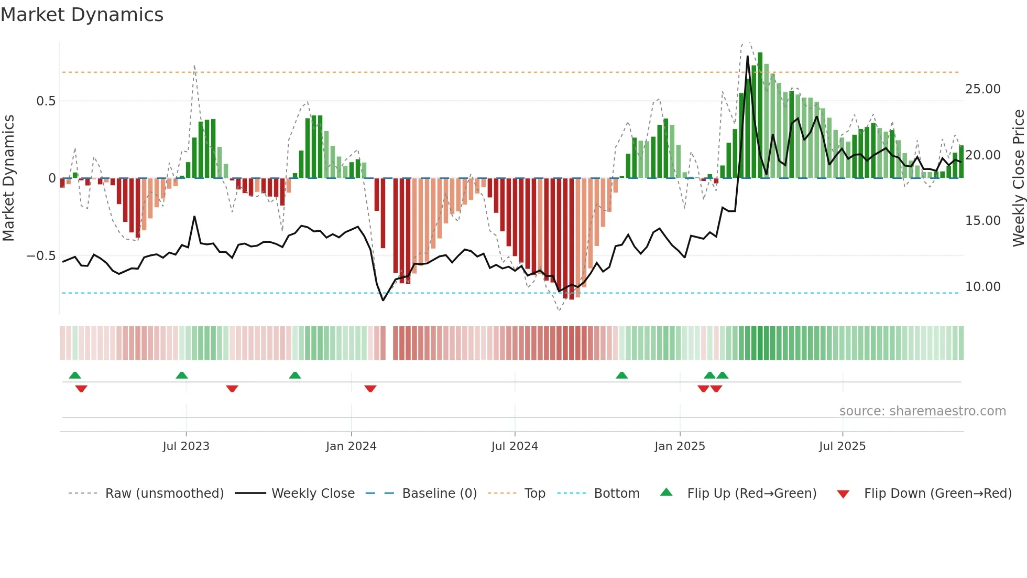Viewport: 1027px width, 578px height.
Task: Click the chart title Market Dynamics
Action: point(82,15)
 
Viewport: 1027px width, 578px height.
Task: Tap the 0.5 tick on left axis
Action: point(46,101)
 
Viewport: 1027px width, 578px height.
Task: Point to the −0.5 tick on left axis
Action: point(41,256)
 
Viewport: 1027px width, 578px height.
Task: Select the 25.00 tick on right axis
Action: point(982,89)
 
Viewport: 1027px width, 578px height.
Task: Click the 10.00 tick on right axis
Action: point(982,287)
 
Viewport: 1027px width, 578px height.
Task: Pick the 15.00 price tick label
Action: point(982,221)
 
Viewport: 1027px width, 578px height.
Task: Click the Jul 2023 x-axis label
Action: point(186,446)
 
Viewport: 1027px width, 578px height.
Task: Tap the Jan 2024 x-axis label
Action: point(351,446)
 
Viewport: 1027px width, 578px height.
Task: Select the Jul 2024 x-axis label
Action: point(515,446)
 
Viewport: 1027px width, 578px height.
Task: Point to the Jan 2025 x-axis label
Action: point(680,446)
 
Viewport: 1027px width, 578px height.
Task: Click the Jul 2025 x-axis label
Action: point(842,446)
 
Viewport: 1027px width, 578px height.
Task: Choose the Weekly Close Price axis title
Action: point(1018,178)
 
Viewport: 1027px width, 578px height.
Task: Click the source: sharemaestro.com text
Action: point(922,411)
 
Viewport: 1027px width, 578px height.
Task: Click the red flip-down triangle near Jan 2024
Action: point(370,389)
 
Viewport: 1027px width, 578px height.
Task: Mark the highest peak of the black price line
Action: point(748,56)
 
